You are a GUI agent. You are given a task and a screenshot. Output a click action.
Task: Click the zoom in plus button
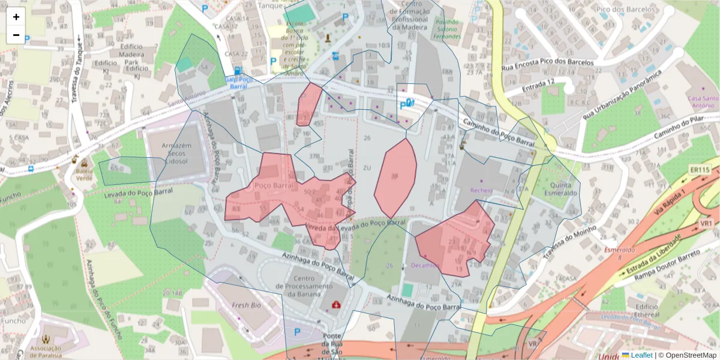coord(16,17)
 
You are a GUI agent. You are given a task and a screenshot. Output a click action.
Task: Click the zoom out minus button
coord(16,35)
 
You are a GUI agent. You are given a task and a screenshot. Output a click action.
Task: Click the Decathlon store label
coord(425,265)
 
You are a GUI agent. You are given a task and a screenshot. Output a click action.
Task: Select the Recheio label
coord(481,190)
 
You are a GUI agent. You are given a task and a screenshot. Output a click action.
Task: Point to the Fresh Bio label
coord(244,305)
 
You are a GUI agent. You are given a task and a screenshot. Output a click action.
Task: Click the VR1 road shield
coord(706,223)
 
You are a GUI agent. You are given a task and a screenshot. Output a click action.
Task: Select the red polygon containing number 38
coord(395,178)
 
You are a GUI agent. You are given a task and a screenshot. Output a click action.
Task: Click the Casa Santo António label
coord(702,102)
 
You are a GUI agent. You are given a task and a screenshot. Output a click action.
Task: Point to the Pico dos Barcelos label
coord(619,10)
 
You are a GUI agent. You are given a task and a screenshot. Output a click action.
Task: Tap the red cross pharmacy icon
coord(336,305)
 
